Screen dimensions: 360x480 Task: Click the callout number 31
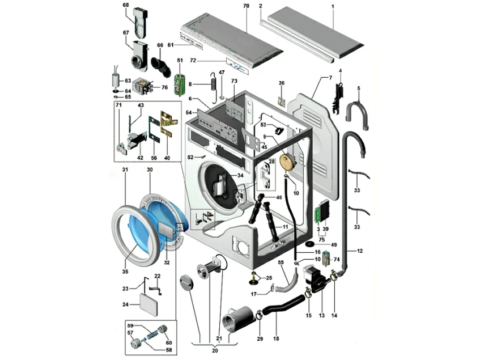pos(125,170)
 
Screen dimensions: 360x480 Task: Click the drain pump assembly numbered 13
pos(316,279)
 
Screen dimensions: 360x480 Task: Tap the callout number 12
pos(359,250)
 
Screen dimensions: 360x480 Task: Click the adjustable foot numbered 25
pos(253,278)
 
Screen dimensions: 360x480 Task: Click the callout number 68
pos(126,5)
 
